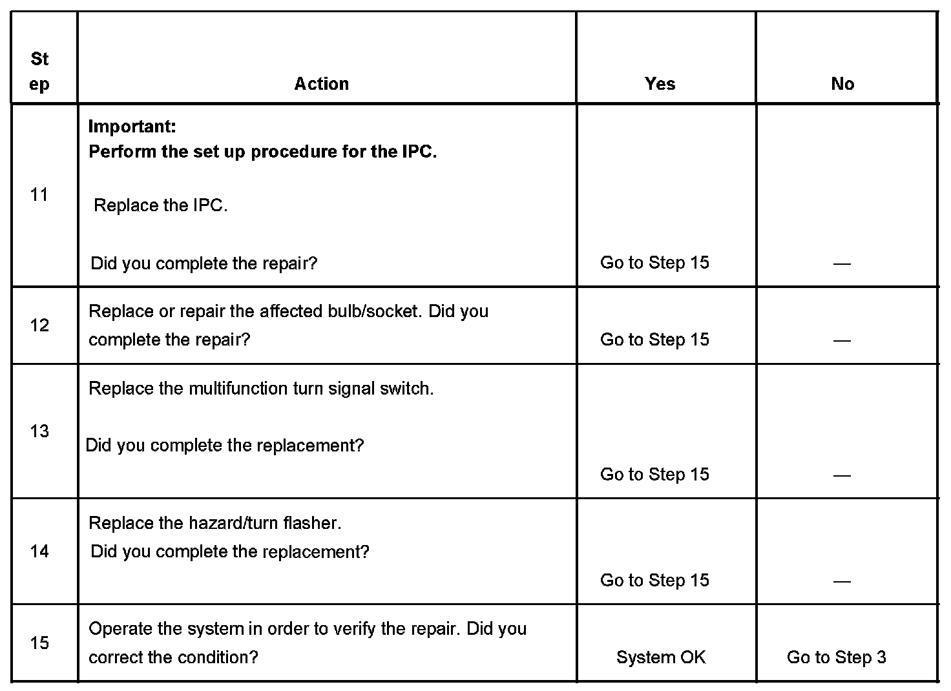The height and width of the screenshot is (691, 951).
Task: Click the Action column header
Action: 321,84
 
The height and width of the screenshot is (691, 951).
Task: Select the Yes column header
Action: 660,84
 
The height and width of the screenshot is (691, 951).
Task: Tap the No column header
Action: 842,84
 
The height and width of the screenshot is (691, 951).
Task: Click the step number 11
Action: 39,194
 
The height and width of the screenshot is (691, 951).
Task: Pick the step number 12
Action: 39,325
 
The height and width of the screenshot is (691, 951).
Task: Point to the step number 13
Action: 39,431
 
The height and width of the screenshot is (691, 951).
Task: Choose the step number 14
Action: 39,551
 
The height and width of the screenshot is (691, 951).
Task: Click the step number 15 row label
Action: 39,643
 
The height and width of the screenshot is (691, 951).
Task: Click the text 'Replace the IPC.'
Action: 161,206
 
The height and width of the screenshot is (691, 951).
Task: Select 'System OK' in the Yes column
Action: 661,657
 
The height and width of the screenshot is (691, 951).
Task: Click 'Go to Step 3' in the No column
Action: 836,657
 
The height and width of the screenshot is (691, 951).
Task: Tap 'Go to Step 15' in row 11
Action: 654,263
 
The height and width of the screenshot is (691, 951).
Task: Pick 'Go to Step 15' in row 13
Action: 654,475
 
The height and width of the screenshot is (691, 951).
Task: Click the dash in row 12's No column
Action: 842,340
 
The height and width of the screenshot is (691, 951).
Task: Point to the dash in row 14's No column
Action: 842,581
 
